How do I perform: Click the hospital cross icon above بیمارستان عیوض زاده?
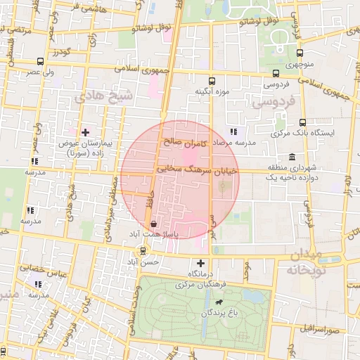[x=86, y=131]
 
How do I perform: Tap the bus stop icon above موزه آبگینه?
[x=212, y=82]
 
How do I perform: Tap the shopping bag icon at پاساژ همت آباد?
[x=153, y=224]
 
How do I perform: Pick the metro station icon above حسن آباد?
[x=143, y=250]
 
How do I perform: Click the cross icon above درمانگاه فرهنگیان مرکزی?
[x=200, y=262]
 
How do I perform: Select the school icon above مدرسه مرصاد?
[x=234, y=131]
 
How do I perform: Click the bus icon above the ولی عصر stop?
[x=40, y=62]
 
